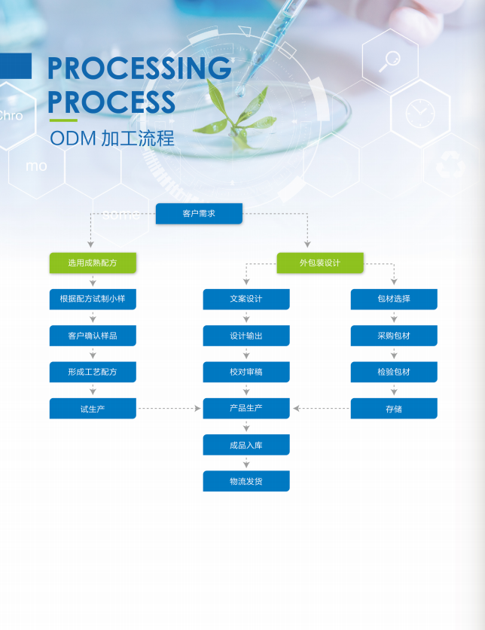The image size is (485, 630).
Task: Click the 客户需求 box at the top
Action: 199,214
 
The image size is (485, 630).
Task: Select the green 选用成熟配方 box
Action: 93,263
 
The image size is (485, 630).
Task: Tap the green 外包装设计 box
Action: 320,263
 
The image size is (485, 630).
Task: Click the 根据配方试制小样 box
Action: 93,299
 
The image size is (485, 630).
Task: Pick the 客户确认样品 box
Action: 93,336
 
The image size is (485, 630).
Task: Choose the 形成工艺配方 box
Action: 93,372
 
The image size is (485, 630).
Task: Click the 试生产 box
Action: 93,409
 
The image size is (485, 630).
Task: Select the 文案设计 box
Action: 246,299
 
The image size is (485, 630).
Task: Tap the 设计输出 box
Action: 246,336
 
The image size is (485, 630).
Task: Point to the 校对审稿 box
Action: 246,372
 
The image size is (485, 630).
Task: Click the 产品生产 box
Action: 246,409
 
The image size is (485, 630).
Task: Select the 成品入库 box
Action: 246,445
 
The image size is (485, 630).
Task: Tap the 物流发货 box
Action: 246,481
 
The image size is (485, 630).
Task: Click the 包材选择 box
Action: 394,299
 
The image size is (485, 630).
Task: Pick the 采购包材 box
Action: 394,336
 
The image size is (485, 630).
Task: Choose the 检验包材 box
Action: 394,372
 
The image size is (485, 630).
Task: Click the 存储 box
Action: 394,409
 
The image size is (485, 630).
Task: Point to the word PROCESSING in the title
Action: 139,69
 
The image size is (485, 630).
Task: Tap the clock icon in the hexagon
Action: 419,113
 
